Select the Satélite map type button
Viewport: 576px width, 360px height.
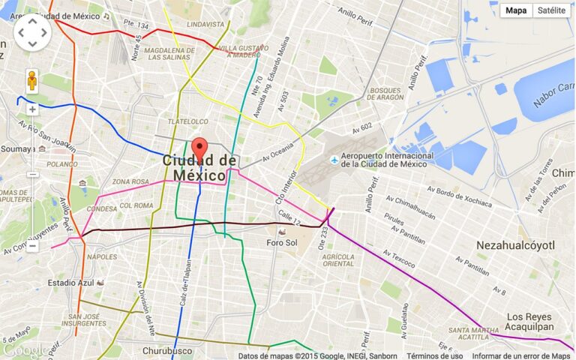pos(551,10)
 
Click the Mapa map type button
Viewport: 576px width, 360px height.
pos(515,10)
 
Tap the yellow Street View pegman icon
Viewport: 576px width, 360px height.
pos(32,80)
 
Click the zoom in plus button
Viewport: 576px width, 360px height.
pos(32,109)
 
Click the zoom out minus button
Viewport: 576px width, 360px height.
pos(32,246)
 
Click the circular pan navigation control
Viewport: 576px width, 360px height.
pos(32,31)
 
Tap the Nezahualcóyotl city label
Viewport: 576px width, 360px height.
pos(515,245)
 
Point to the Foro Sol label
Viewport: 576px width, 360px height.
pos(283,242)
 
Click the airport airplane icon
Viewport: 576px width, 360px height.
pos(334,160)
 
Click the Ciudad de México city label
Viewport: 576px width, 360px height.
pos(199,168)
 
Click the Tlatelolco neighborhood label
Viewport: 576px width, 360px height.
pos(187,121)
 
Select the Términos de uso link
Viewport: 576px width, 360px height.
pos(434,355)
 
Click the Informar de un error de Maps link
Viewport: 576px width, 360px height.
pos(521,355)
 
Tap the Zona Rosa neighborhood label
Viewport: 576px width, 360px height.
pos(130,181)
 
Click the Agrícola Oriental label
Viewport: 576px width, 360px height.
pos(338,259)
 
